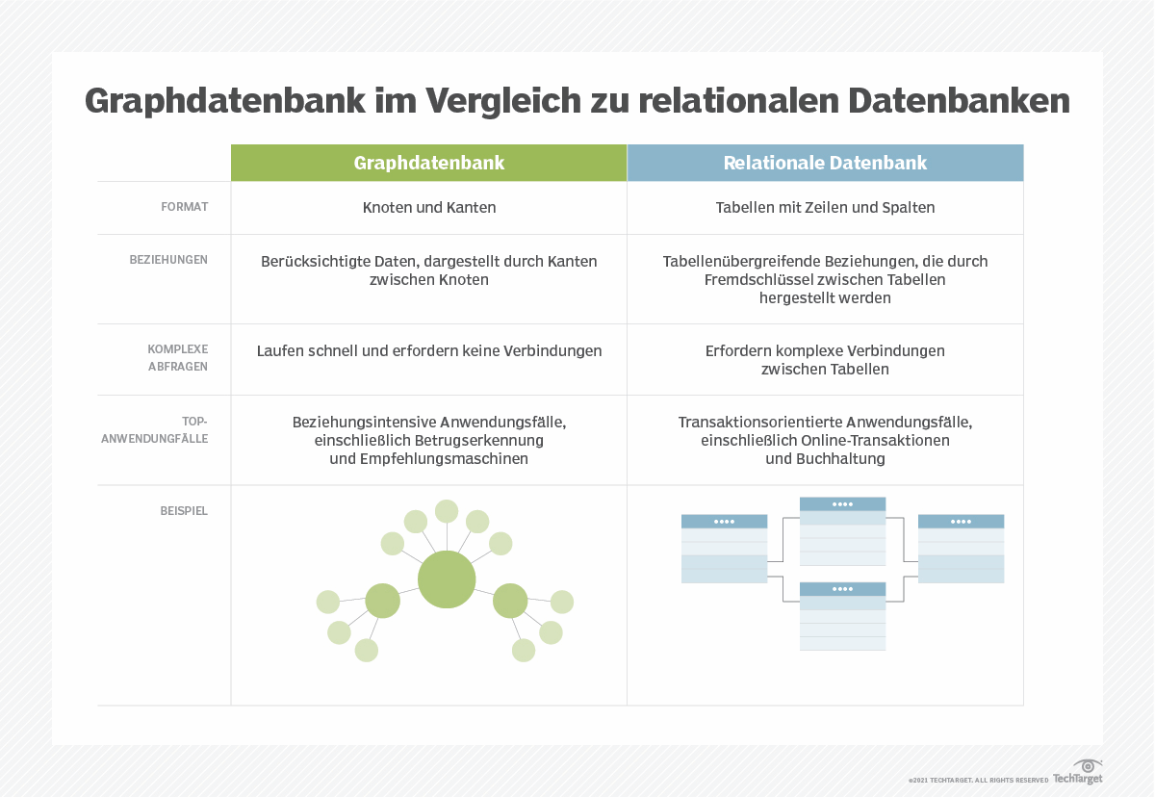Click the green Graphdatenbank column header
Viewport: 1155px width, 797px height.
point(429,163)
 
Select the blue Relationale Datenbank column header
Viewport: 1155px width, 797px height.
point(825,163)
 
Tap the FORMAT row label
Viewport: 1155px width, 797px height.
point(185,207)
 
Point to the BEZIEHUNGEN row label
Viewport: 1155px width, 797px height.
point(168,260)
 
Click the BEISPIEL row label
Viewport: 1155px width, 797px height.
point(184,511)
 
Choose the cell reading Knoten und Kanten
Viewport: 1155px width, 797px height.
point(429,207)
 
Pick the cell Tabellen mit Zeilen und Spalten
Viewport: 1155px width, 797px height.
point(825,207)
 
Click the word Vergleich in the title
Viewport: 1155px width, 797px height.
point(503,101)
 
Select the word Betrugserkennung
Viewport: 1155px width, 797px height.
point(479,440)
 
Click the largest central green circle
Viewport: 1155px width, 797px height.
point(447,579)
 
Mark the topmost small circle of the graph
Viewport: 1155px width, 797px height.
point(447,511)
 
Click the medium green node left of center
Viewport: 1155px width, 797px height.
point(383,601)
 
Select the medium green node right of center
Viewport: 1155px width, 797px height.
point(510,601)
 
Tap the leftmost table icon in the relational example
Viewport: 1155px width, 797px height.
point(725,549)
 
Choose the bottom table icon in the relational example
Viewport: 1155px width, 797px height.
point(842,616)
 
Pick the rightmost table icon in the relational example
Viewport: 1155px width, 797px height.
point(962,549)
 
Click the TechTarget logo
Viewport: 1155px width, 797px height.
point(1078,772)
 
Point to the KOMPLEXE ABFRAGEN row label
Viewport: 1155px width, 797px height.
point(178,358)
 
